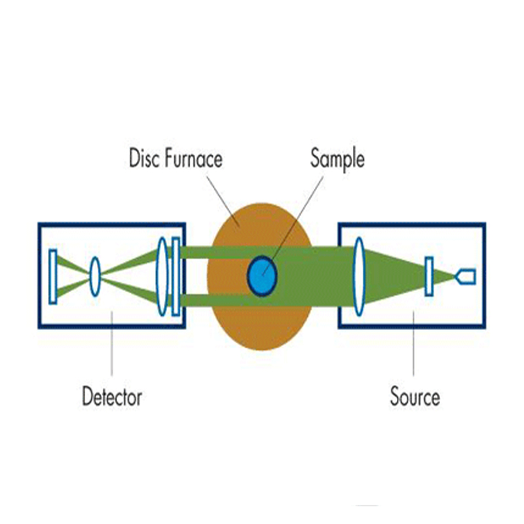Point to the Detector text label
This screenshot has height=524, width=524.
(x=112, y=397)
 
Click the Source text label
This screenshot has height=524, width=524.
(x=415, y=397)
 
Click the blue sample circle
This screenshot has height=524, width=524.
(x=262, y=276)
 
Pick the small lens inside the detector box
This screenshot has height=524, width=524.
(x=95, y=269)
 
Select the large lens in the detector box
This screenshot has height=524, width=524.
(x=162, y=276)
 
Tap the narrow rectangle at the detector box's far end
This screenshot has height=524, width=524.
(x=53, y=276)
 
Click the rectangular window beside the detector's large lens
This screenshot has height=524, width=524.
(x=175, y=276)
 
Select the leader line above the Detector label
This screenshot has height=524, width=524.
(x=111, y=347)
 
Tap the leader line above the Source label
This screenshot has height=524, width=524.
(x=414, y=347)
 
